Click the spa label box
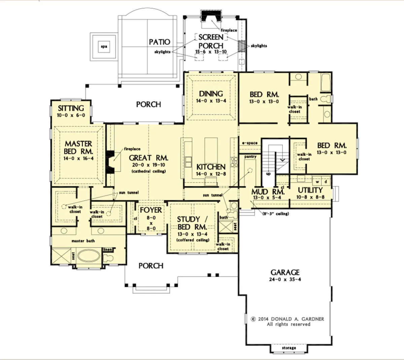(104, 47)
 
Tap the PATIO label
(160, 42)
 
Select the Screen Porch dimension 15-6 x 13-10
(211, 52)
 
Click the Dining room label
(211, 94)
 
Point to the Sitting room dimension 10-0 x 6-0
(71, 115)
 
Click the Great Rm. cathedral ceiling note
(149, 171)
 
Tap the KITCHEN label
(211, 167)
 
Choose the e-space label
(250, 143)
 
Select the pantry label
(250, 157)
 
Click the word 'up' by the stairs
(268, 174)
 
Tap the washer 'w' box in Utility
(317, 182)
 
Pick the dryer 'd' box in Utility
(326, 182)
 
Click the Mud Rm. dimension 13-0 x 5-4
(267, 197)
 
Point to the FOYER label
(151, 210)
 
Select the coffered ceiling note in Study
(193, 240)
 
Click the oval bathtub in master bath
(89, 256)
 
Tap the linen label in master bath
(107, 250)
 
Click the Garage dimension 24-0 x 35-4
(285, 279)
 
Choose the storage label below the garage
(289, 348)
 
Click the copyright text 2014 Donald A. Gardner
(288, 319)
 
